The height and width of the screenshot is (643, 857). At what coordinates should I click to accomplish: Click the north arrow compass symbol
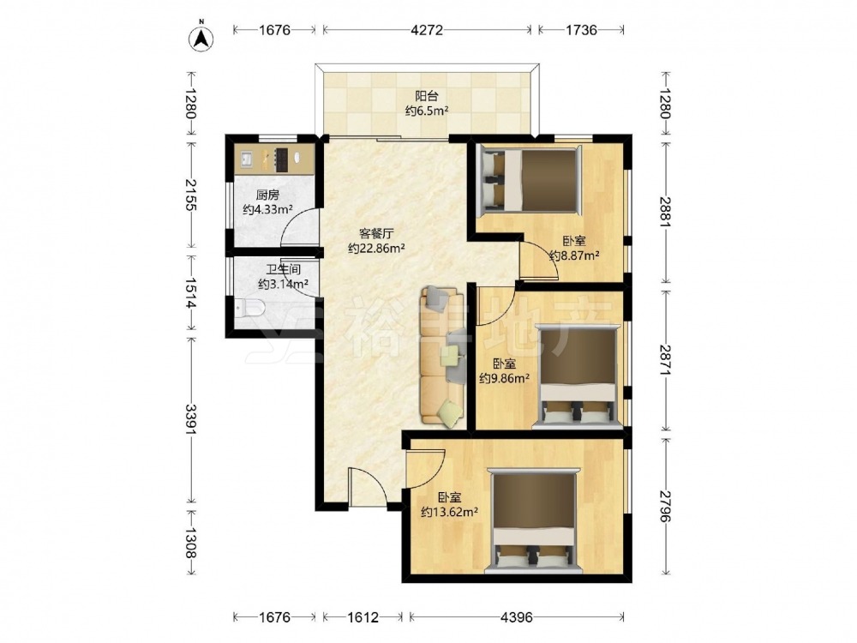201,38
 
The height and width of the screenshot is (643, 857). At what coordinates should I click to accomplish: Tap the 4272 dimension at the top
426,29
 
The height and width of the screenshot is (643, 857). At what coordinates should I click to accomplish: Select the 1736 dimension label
581,29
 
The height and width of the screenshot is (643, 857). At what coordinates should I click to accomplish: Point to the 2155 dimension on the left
190,194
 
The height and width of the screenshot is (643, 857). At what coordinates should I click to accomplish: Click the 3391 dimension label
190,419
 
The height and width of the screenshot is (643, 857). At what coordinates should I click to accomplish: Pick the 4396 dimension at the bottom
517,617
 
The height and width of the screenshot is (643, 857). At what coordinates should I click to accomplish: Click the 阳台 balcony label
426,96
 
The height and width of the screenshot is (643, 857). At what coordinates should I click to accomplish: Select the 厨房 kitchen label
267,195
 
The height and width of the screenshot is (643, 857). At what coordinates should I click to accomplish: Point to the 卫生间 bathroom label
284,270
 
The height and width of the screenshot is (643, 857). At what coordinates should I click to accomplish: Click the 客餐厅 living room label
376,234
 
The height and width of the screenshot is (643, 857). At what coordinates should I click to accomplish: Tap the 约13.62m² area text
450,513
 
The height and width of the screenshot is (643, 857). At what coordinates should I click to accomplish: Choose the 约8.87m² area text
574,255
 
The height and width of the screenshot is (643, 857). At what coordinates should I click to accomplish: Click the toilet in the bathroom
250,309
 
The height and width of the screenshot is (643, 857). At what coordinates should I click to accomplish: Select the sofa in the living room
442,356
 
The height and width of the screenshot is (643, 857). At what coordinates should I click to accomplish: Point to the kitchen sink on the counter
246,159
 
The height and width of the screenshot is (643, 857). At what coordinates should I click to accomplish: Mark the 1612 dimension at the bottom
363,617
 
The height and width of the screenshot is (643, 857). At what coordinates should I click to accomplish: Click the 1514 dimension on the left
190,293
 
